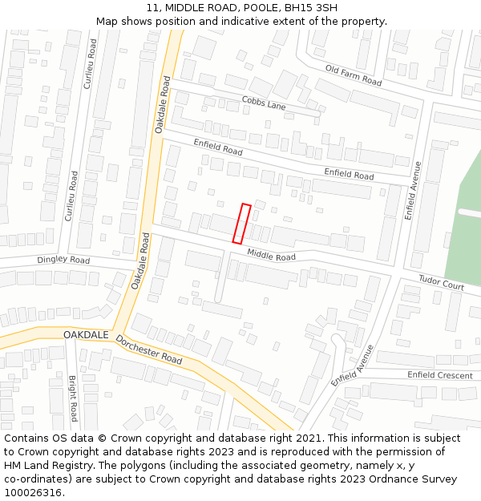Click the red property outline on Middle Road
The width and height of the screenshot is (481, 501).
[241, 224]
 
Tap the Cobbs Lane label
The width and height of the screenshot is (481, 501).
[264, 104]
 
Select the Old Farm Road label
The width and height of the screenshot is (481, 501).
[353, 75]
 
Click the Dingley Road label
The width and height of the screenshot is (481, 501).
[63, 261]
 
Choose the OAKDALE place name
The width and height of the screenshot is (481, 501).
[86, 333]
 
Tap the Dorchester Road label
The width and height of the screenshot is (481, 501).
[148, 349]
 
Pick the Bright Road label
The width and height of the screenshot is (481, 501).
[72, 398]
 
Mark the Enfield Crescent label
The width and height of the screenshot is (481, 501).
[439, 375]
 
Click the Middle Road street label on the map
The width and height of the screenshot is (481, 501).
[271, 256]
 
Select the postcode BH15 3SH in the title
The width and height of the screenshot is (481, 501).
[310, 8]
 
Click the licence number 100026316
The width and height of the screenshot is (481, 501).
[34, 493]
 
